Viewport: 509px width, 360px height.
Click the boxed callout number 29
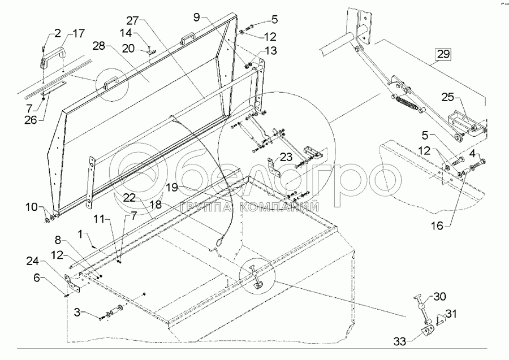(443, 55)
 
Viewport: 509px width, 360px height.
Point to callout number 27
(132, 20)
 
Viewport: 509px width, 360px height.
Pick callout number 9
(196, 17)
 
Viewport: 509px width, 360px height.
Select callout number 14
(126, 34)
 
